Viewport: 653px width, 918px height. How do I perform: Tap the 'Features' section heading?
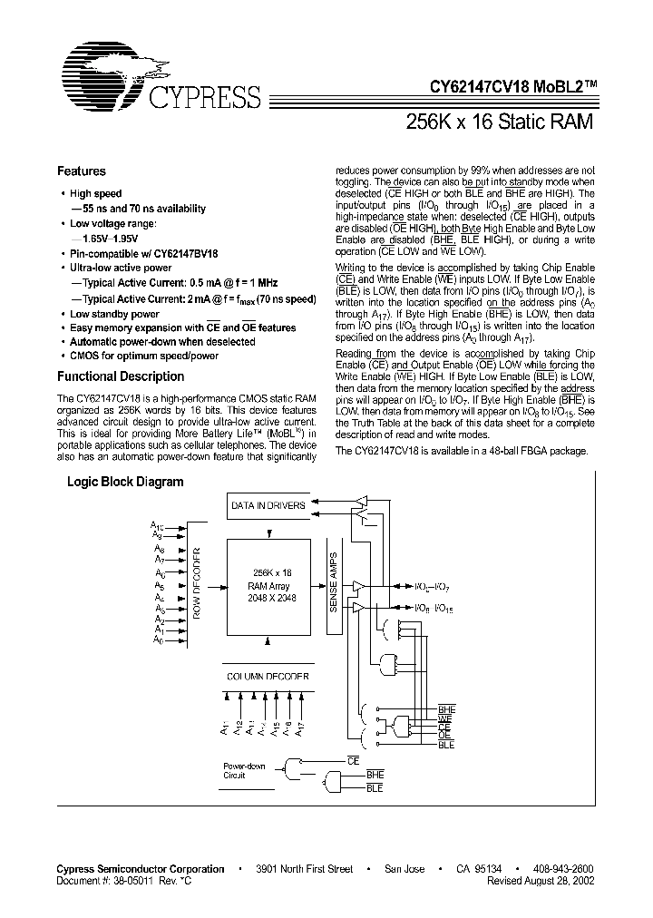[x=82, y=171]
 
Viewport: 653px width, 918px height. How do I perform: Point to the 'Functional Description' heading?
[x=121, y=376]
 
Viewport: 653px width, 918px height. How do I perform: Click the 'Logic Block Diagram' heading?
[x=125, y=483]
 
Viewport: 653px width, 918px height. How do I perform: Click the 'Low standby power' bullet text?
[x=114, y=314]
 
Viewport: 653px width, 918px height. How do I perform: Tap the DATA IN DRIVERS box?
[x=268, y=505]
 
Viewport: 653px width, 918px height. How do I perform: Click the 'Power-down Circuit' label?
[x=244, y=771]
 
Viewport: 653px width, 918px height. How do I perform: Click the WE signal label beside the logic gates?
[x=445, y=718]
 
